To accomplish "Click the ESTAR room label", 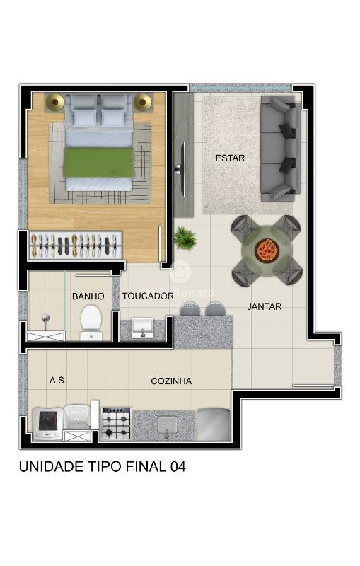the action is coord(230,158).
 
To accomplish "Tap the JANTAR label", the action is coord(264,306).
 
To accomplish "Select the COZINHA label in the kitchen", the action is coord(171,381).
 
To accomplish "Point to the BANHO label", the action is coord(88,296).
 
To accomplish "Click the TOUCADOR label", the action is coord(148,296).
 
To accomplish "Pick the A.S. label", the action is coord(58,381).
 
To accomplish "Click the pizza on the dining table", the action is coord(267,250).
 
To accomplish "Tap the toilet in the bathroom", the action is coord(91,323).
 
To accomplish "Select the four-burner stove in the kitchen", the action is coord(116,424).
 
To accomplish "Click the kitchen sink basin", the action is coord(167,425).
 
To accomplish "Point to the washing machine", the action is coord(47,423).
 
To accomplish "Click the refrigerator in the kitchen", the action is coord(213,424).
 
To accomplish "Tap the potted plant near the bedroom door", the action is coord(185,238).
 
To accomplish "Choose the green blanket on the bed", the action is coord(98,163).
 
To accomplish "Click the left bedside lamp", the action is coord(55,102).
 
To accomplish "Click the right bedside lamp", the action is coord(142,102).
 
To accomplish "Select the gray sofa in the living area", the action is coord(281,149).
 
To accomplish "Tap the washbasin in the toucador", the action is coord(142,328).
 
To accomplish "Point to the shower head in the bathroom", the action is coord(45,318).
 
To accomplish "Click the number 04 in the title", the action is coord(178,467).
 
